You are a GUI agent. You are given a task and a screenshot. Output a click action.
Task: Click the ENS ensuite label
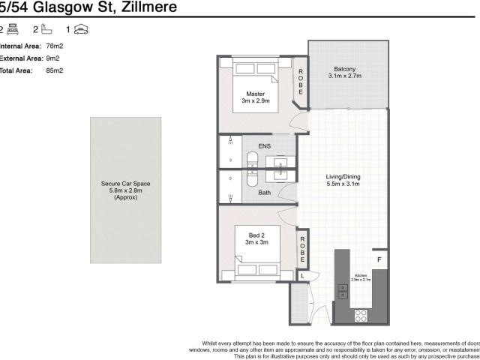tap(264, 145)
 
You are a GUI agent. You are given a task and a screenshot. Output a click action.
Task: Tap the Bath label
tap(264, 193)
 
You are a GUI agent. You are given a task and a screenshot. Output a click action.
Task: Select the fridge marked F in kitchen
tap(379, 260)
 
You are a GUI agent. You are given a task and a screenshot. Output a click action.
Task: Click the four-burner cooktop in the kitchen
tap(359, 316)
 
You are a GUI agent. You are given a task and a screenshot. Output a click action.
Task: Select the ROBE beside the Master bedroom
tap(300, 81)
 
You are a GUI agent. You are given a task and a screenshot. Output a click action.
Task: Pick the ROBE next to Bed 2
tap(301, 248)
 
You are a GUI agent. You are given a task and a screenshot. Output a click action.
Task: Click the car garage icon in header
tap(82, 30)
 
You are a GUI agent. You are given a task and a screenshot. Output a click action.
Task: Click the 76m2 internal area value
tap(54, 46)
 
